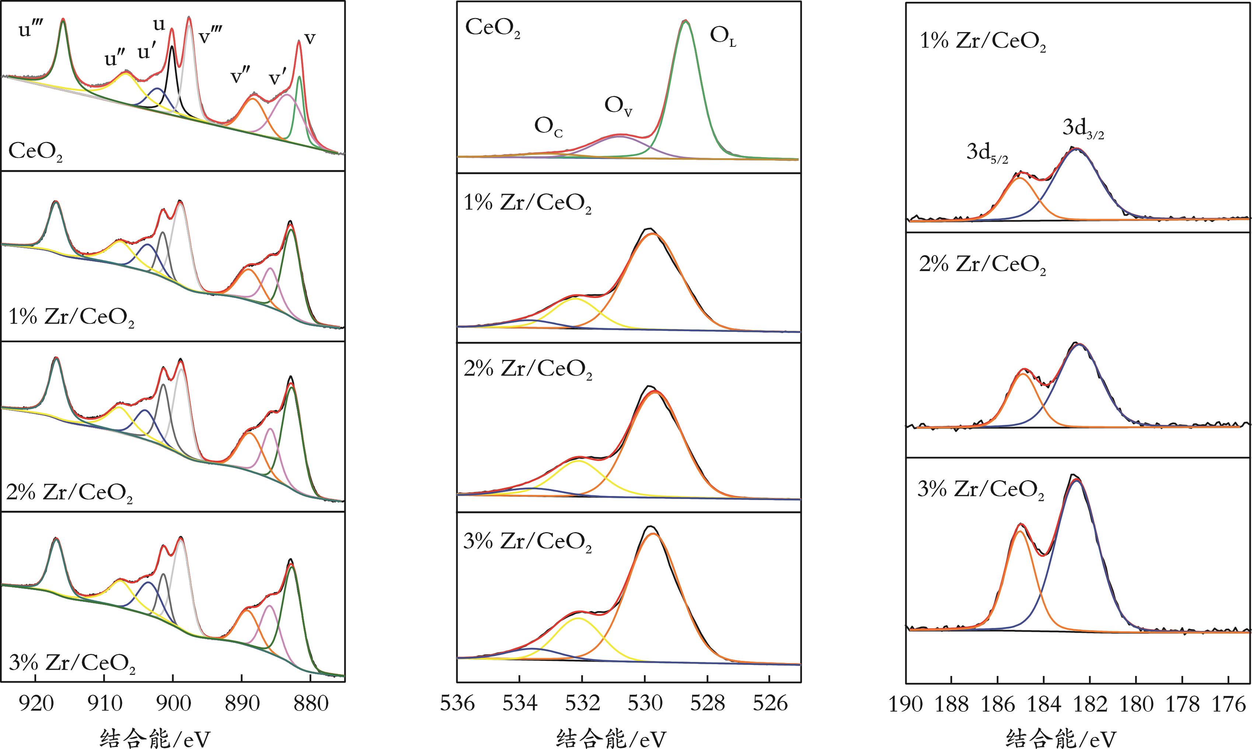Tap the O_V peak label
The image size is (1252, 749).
[x=618, y=107]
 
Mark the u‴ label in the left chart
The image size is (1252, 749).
[x=29, y=31]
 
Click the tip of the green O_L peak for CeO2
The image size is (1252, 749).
[x=684, y=21]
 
